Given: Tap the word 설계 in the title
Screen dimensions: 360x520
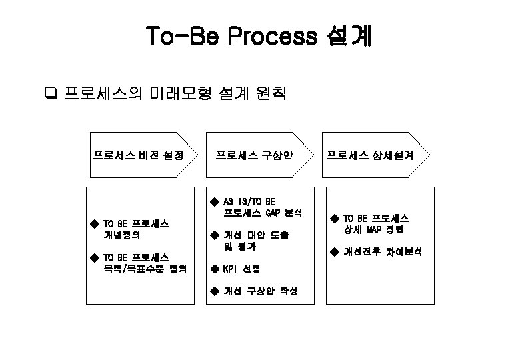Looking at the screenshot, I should pyautogui.click(x=349, y=36).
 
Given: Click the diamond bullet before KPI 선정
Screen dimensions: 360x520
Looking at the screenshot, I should pyautogui.click(x=214, y=269).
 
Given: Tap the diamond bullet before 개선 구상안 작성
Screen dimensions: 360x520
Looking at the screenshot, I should pyautogui.click(x=214, y=291).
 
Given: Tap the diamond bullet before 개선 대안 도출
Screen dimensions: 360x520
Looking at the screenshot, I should pyautogui.click(x=214, y=235).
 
